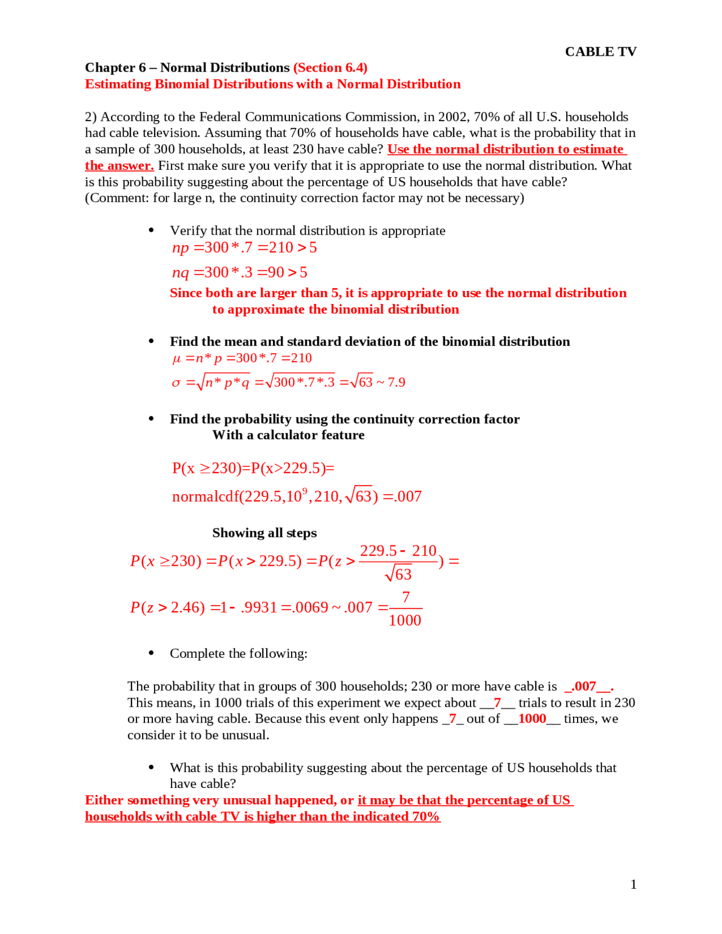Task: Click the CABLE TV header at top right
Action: pos(600,51)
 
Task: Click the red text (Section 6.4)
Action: pos(330,68)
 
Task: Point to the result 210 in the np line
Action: pos(280,248)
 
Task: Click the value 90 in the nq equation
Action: pos(275,272)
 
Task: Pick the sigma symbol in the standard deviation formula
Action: pos(176,383)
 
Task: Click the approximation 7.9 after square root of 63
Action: pos(396,382)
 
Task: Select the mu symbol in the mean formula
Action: pos(177,359)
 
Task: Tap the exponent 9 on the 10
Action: pos(305,490)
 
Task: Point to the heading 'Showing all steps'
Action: pos(264,533)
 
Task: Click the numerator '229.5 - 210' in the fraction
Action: pos(398,550)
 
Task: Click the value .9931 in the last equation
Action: pos(258,607)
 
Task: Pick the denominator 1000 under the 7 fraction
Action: pos(404,620)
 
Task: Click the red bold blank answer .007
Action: pos(585,686)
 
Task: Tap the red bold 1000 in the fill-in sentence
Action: pos(532,719)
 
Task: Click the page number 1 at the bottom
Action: pos(633,884)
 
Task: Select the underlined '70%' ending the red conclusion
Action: pos(425,817)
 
